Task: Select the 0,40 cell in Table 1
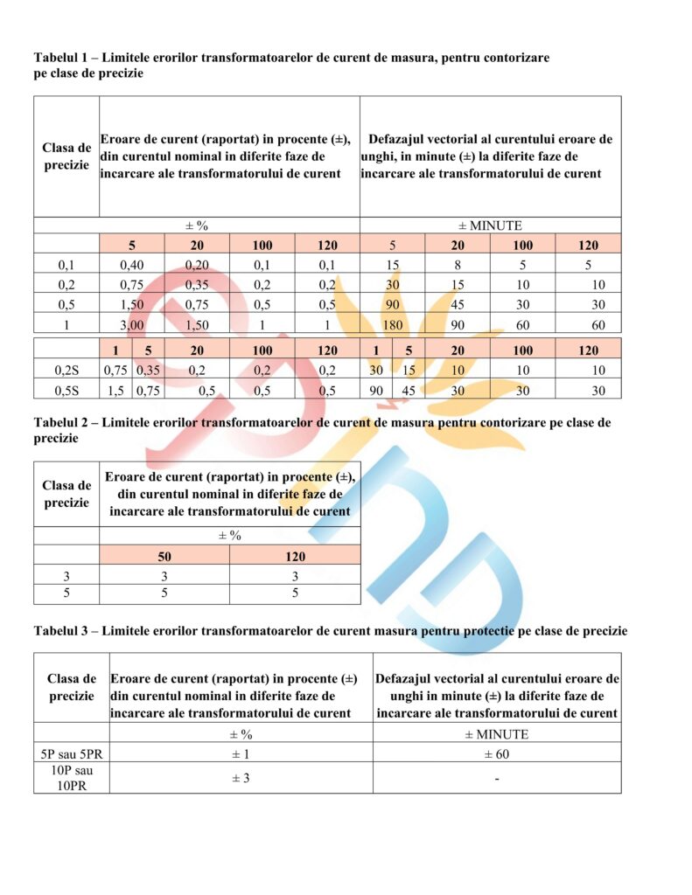pyautogui.click(x=131, y=264)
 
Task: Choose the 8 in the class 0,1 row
pyautogui.click(x=458, y=264)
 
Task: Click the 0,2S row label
pyautogui.click(x=66, y=370)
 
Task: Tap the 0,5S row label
pyautogui.click(x=66, y=390)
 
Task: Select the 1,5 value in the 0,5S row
pyautogui.click(x=115, y=390)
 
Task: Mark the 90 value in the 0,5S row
pyautogui.click(x=375, y=390)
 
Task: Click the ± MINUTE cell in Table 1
pyautogui.click(x=490, y=225)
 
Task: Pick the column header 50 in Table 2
pyautogui.click(x=164, y=555)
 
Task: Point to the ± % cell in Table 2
pyautogui.click(x=229, y=535)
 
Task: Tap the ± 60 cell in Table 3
pyautogui.click(x=496, y=753)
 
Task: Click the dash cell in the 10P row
pyautogui.click(x=496, y=779)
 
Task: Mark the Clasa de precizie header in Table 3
pyautogui.click(x=72, y=687)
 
